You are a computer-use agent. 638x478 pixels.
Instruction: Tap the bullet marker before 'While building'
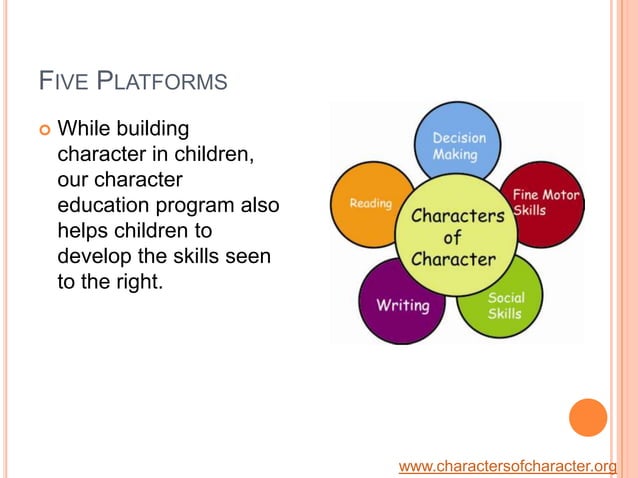point(42,130)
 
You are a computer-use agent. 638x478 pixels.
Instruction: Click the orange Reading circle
point(369,204)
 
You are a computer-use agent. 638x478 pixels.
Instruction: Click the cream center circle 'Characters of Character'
point(454,237)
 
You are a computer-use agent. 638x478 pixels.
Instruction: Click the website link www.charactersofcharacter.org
point(507,466)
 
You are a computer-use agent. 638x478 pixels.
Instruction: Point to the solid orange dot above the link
point(588,417)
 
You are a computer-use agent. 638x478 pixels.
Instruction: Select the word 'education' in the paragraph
point(105,205)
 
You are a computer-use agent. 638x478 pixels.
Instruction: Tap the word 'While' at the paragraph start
point(83,130)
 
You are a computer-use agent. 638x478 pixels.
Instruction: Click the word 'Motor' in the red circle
point(560,194)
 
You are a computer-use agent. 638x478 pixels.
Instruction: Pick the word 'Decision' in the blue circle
point(459,138)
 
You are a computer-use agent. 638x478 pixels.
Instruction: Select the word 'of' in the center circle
point(452,238)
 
